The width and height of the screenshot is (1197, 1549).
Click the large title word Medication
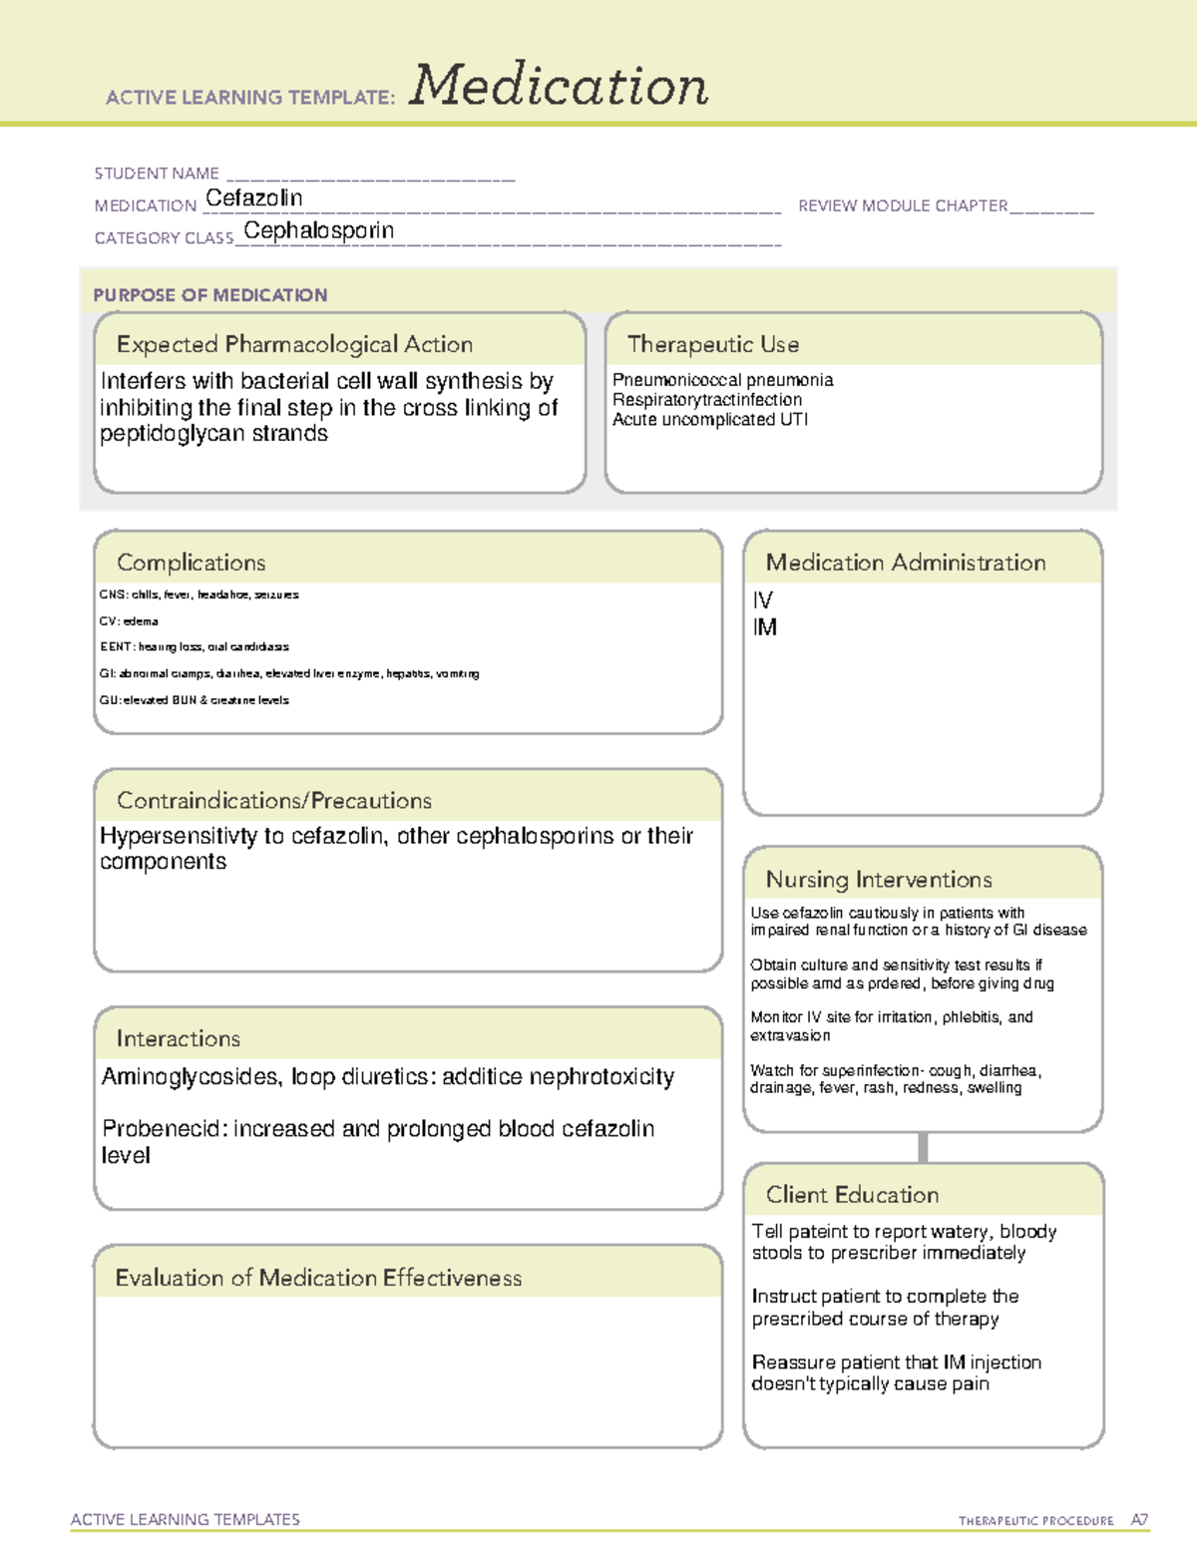(558, 86)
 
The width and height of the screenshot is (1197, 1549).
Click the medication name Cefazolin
(253, 198)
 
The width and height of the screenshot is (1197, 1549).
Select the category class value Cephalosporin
(318, 230)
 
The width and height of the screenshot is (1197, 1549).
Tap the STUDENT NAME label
(157, 174)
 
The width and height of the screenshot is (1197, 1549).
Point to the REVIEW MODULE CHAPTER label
(903, 205)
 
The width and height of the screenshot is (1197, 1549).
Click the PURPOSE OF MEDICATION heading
(209, 295)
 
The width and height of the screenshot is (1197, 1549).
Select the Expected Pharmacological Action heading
(294, 344)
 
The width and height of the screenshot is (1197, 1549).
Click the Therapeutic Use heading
(712, 344)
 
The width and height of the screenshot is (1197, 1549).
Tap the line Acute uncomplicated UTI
(709, 419)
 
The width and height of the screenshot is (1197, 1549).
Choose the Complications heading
(191, 563)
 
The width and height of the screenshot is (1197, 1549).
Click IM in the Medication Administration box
(765, 627)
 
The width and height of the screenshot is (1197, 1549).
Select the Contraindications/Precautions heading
(273, 801)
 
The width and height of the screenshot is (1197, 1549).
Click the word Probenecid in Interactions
(161, 1129)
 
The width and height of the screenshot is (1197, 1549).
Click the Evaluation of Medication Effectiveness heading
(318, 1278)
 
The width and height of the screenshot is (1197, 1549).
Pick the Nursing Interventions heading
(878, 880)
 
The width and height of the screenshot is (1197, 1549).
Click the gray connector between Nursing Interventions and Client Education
(923, 1147)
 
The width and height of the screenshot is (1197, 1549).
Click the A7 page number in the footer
(1139, 1520)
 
